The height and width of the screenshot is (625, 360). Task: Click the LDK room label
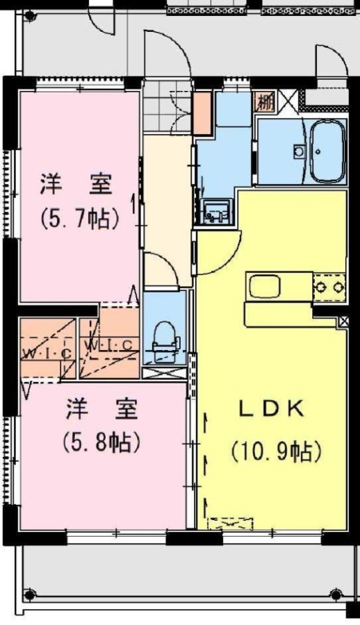tap(272, 409)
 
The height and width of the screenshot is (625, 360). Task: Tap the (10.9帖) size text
tap(276, 451)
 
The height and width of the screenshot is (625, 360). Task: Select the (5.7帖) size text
tap(80, 217)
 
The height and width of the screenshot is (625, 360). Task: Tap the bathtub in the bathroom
tap(327, 151)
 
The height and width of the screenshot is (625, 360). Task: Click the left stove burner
tap(320, 286)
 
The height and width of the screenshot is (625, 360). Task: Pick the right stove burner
tap(339, 286)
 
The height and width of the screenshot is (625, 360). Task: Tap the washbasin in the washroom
tap(215, 212)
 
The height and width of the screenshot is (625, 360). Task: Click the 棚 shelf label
tap(265, 103)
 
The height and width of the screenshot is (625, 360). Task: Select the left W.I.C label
tap(47, 353)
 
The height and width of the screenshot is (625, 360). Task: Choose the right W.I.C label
tap(109, 344)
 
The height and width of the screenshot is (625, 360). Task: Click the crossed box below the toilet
tap(165, 374)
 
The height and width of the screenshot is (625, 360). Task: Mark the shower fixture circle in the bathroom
tap(299, 151)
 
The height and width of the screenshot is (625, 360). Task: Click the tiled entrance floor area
tap(167, 106)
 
